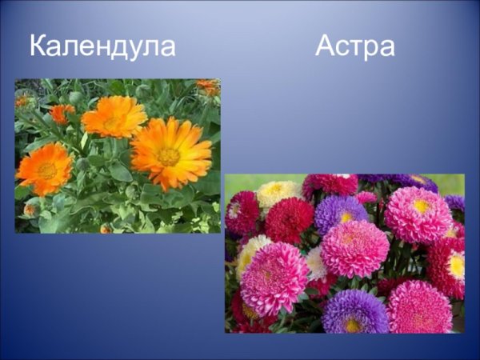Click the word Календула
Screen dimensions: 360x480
(102, 46)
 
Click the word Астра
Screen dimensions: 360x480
(354, 46)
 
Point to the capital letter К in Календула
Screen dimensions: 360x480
(39, 46)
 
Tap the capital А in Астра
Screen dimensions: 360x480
(326, 46)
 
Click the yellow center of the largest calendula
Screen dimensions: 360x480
(168, 156)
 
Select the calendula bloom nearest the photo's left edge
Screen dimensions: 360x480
(44, 169)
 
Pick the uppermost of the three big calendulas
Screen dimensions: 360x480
(114, 118)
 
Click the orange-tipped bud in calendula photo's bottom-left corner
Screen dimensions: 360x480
(31, 210)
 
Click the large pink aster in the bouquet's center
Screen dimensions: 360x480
(354, 248)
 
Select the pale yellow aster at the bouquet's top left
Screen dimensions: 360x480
(276, 193)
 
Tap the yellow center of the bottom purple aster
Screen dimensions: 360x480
(353, 324)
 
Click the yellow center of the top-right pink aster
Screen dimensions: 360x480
(421, 206)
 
